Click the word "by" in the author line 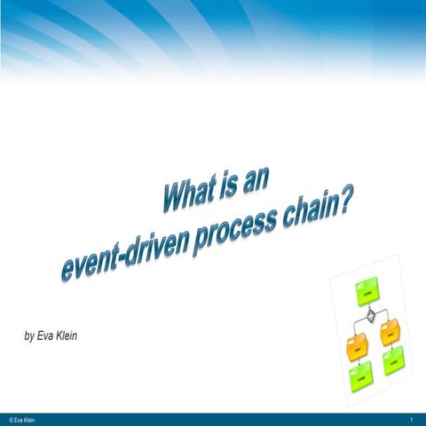coord(28,336)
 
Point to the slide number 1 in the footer coord(413,417)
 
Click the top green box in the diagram coord(367,290)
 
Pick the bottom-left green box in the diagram coord(360,376)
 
